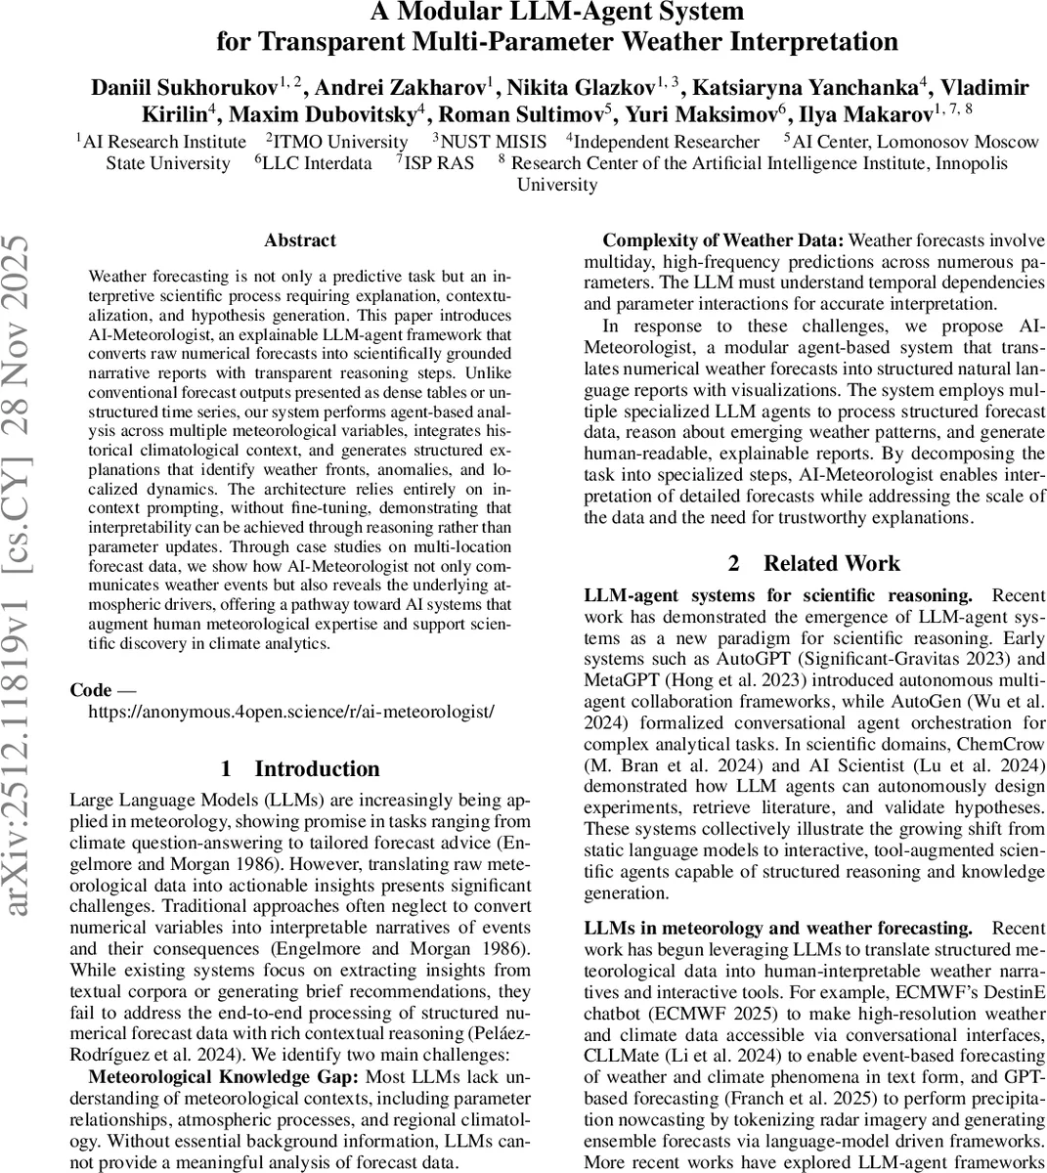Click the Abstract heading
300,240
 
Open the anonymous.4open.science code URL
291,712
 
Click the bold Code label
90,690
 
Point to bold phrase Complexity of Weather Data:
724,240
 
